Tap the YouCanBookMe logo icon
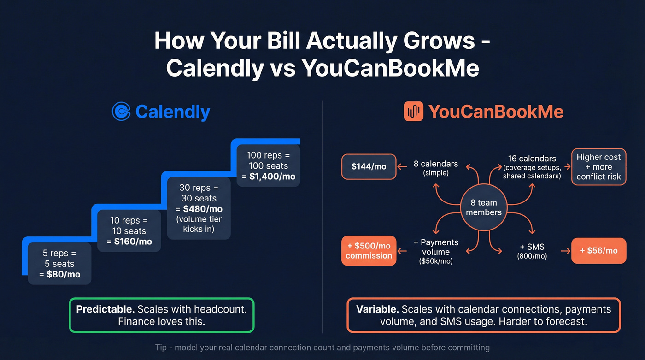pyautogui.click(x=413, y=112)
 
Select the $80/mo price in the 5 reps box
pyautogui.click(x=64, y=275)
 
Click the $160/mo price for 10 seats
pyautogui.click(x=133, y=242)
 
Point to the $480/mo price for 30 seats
pyautogui.click(x=203, y=209)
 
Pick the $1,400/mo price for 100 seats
pyautogui.click(x=273, y=177)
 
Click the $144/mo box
pyautogui.click(x=369, y=166)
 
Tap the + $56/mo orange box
pyautogui.click(x=598, y=250)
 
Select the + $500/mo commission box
pyautogui.click(x=369, y=250)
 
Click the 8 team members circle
pyautogui.click(x=483, y=207)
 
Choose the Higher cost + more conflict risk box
pyautogui.click(x=598, y=166)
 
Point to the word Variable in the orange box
pyautogui.click(x=377, y=309)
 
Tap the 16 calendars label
pyautogui.click(x=532, y=159)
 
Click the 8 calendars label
pyautogui.click(x=435, y=164)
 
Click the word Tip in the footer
pyautogui.click(x=161, y=347)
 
